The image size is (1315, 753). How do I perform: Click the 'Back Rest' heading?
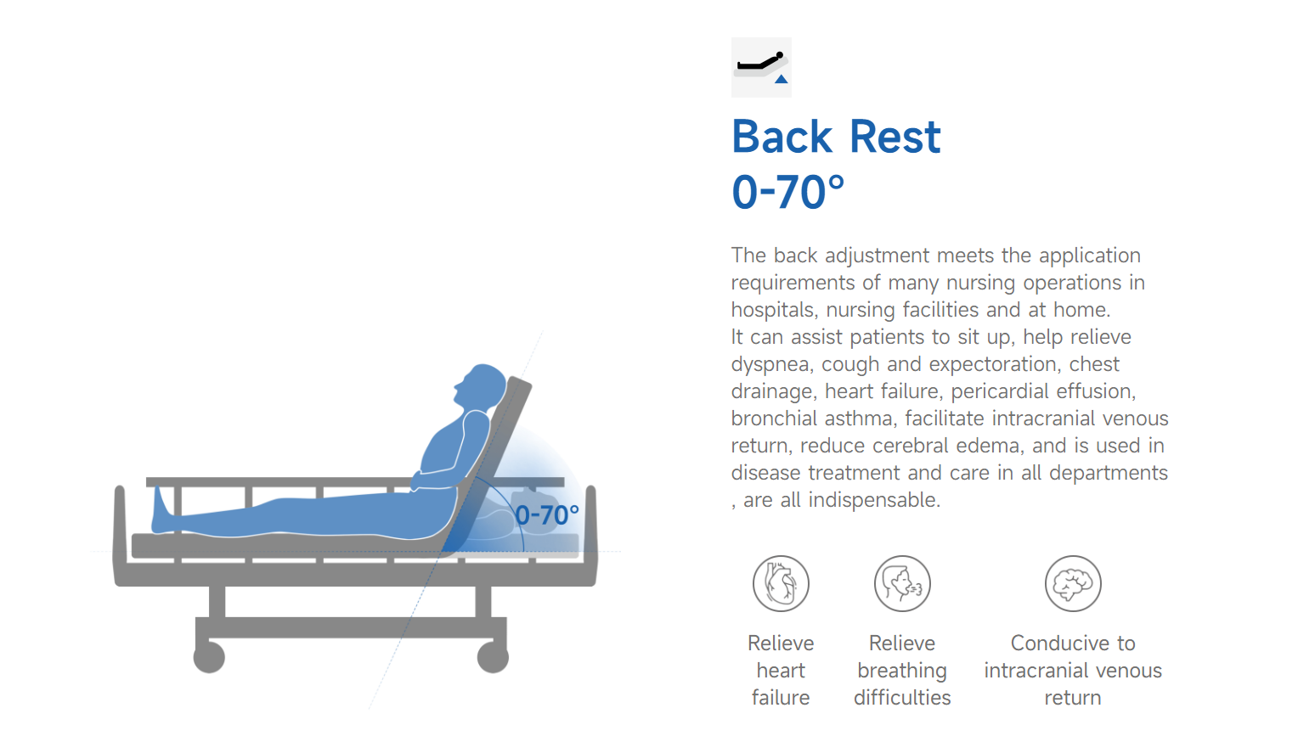(836, 137)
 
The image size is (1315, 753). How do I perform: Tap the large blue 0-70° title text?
(787, 192)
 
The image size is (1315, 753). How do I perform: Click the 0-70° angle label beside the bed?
(546, 515)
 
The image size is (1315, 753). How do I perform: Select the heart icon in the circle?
(781, 583)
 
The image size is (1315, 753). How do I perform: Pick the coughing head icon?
(902, 583)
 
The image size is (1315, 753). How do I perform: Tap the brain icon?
(1073, 583)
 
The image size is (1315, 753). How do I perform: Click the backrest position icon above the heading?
(761, 67)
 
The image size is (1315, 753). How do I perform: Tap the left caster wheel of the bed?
(210, 657)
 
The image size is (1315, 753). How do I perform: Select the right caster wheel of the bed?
(493, 657)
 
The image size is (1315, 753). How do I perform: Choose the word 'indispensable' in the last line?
(874, 500)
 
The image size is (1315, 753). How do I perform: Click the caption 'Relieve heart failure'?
(781, 671)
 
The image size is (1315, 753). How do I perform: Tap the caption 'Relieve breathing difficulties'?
(902, 671)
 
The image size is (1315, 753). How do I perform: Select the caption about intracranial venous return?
(1073, 671)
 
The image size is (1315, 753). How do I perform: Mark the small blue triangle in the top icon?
(781, 79)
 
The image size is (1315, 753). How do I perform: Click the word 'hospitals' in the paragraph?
(772, 310)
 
